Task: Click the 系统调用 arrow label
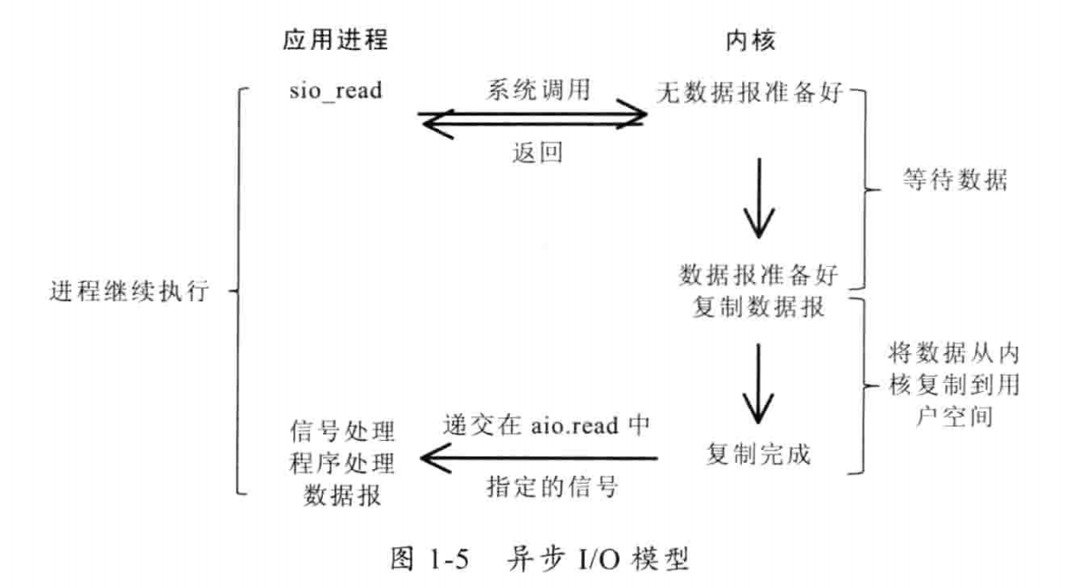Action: coord(532,91)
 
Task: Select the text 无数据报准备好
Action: coord(751,92)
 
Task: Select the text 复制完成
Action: coord(759,451)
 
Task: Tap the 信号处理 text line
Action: coord(341,427)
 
